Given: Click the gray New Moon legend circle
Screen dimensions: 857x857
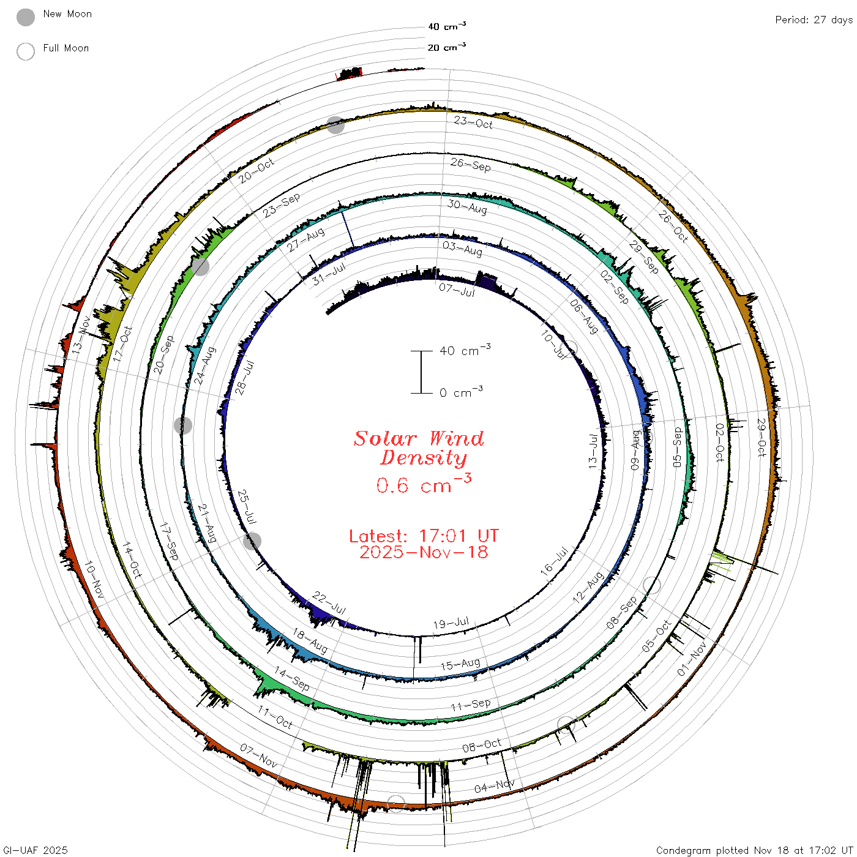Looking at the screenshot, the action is pos(25,17).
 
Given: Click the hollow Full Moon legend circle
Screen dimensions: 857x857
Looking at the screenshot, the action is pos(25,51).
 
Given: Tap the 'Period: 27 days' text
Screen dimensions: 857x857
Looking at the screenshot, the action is pos(814,20).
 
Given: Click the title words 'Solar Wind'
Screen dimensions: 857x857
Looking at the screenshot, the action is pos(419,438).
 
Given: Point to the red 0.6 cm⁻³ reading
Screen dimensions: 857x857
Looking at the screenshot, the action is pos(424,484).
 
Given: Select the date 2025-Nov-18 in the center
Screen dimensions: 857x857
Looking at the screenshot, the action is pos(424,552).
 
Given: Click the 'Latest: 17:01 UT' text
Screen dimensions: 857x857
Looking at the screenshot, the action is pos(424,536).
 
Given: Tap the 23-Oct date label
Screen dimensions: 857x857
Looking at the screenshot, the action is pos(473,123).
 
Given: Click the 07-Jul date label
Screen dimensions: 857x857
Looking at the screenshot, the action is pos(457,290).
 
